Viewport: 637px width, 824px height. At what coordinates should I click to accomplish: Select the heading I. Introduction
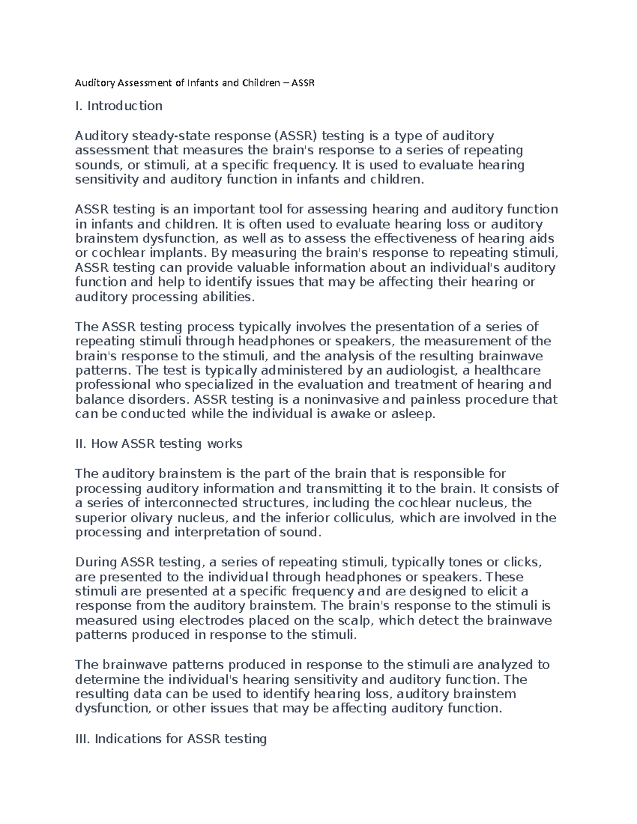119,106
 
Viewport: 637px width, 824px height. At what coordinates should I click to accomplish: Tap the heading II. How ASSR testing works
159,444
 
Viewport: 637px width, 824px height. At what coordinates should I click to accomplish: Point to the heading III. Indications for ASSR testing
171,739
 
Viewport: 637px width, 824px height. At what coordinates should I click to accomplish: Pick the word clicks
523,562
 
